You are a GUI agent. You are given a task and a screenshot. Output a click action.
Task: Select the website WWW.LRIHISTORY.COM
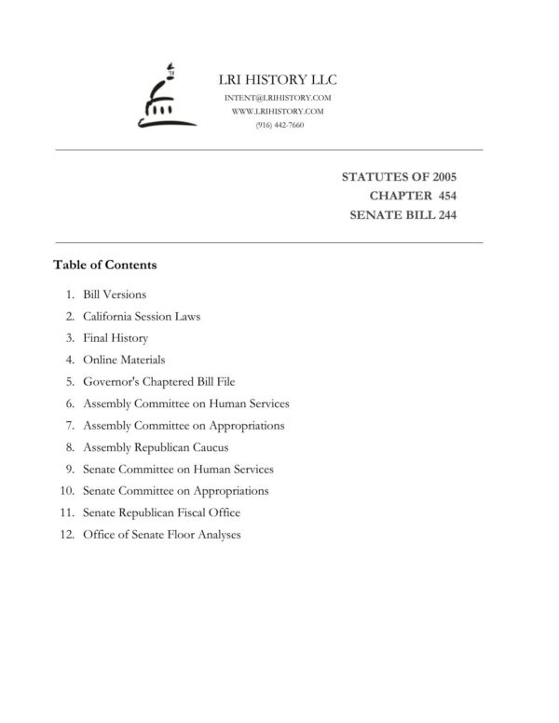tap(278, 111)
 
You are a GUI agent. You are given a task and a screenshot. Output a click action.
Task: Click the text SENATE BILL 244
tap(402, 215)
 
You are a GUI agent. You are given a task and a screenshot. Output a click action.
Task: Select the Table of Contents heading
tap(105, 265)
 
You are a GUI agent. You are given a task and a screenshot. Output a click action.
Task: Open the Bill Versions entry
tap(115, 294)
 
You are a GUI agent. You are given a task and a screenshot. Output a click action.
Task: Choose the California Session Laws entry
tap(142, 316)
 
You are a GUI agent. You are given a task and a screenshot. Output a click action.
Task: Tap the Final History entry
tap(116, 338)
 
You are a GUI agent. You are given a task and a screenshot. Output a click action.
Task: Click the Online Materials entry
tap(124, 360)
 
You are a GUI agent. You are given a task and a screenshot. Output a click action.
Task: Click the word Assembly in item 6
tap(106, 403)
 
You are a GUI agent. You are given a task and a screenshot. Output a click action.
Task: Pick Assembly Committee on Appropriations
tap(184, 425)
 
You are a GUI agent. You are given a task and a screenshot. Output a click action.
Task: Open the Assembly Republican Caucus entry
tap(156, 447)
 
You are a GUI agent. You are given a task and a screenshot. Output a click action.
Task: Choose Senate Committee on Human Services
tap(178, 469)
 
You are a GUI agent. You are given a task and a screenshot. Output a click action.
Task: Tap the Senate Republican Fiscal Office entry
tap(161, 512)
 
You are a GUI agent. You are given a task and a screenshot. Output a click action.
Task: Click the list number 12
tap(66, 535)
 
